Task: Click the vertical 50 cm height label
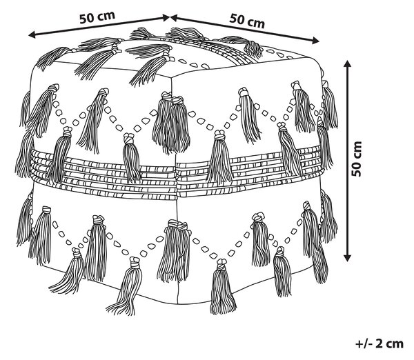tap(356, 159)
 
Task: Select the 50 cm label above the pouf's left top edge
tap(97, 17)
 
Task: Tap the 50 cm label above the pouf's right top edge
tap(247, 21)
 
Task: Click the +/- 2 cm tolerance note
tap(379, 343)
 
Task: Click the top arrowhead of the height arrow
tap(348, 63)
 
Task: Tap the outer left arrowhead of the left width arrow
tap(32, 34)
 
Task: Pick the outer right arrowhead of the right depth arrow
tap(316, 41)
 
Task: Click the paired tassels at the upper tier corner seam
tap(172, 122)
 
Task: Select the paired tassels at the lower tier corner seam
tap(174, 251)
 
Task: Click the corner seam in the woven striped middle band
tap(177, 179)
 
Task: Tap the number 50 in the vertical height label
tap(356, 169)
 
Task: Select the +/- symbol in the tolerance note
tap(363, 344)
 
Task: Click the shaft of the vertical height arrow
tap(348, 161)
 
